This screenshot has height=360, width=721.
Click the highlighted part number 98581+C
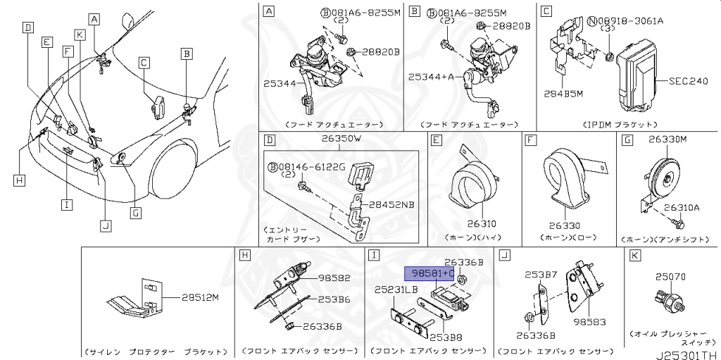(428, 273)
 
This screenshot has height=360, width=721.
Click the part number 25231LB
(396, 290)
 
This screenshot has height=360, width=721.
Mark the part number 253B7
(541, 274)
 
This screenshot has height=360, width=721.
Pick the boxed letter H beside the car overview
(19, 180)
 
